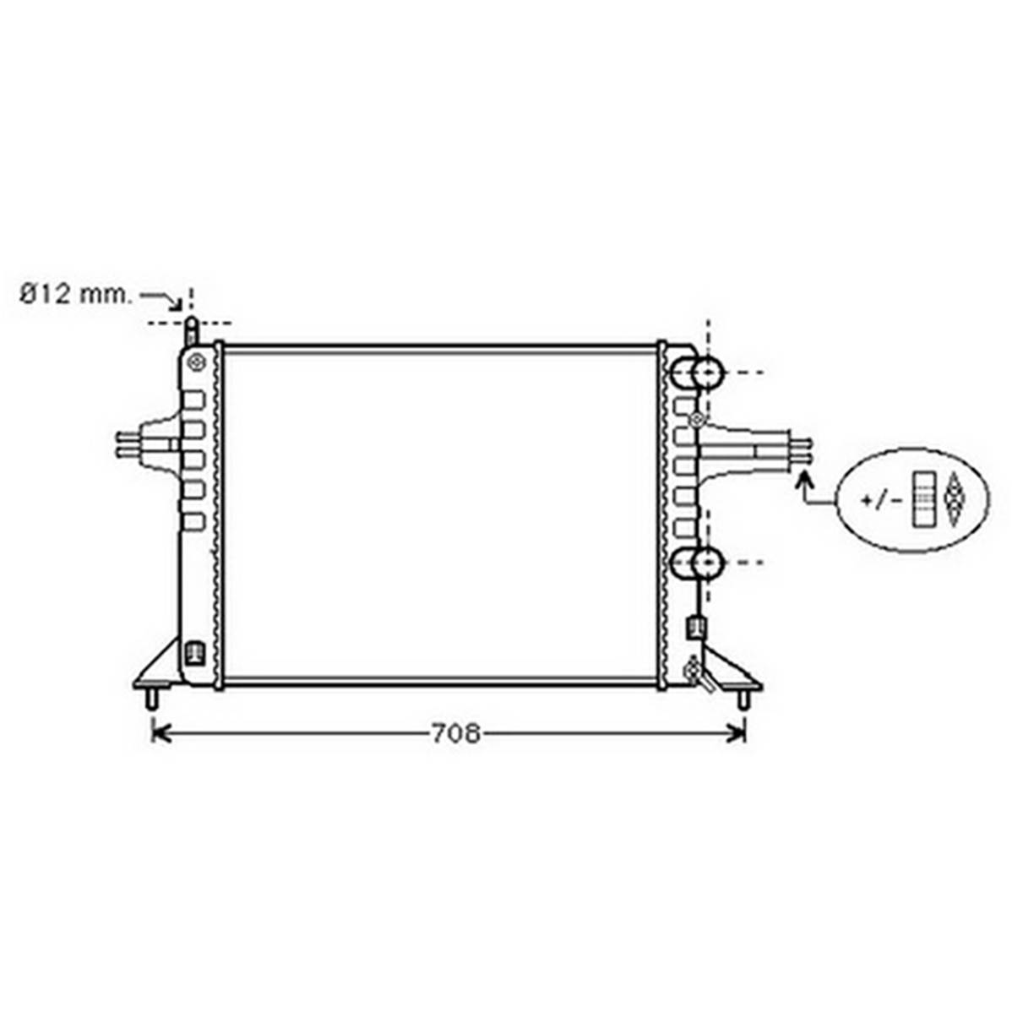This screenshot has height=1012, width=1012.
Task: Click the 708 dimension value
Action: coord(455,733)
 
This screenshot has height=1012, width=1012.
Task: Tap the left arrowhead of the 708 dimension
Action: coord(159,733)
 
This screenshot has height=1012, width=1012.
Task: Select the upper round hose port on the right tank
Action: coord(697,373)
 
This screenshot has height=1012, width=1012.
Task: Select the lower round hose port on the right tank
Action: coord(697,563)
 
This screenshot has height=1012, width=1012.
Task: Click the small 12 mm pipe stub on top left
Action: coord(192,332)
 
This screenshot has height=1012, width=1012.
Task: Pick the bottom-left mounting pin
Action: coord(152,699)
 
